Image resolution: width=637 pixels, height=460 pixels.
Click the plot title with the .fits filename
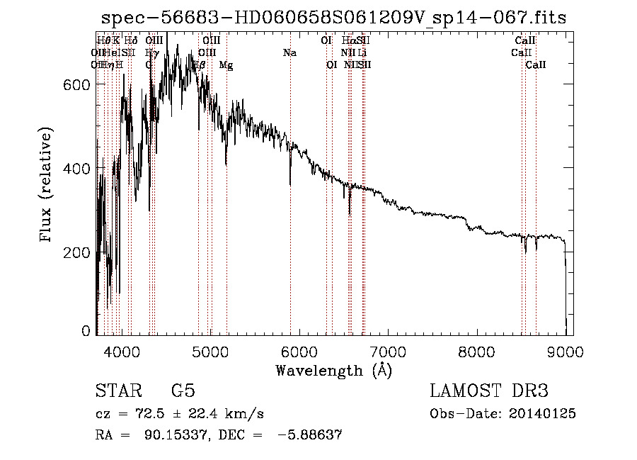(x=334, y=18)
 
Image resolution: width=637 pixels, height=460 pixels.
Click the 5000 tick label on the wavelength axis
(x=210, y=352)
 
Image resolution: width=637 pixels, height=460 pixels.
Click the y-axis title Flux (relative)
(x=47, y=186)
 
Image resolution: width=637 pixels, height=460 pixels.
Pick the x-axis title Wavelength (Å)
(x=333, y=370)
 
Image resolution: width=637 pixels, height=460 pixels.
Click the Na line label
(x=289, y=52)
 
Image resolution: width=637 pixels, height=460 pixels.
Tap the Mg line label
(x=226, y=65)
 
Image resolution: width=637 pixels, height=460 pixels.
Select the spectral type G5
(x=183, y=391)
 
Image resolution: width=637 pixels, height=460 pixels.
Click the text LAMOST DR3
(x=488, y=391)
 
